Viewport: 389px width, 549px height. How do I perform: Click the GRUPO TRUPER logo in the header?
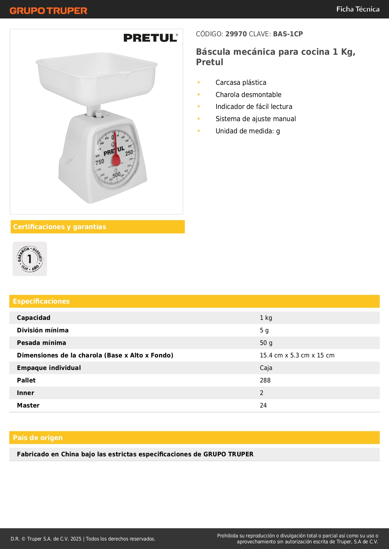pos(48,11)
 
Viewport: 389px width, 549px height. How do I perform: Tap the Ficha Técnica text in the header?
pos(358,9)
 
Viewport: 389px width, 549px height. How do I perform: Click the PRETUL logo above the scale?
pos(150,38)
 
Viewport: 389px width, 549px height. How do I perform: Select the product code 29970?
pos(236,34)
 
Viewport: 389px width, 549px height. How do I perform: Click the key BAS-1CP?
pos(288,34)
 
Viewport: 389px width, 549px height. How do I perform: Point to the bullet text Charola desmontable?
pos(248,95)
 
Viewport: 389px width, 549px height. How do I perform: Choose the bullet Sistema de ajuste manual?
pos(255,119)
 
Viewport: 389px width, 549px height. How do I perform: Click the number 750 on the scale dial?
pos(100,162)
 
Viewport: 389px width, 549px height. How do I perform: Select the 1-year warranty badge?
pos(30,259)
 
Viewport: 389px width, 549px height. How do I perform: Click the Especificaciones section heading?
pos(41,301)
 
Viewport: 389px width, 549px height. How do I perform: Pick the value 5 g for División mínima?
pos(264,330)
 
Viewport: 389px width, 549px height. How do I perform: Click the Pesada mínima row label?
pos(41,343)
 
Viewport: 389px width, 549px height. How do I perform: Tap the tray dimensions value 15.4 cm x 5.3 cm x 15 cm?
pos(297,355)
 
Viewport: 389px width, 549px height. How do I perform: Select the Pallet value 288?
pos(265,380)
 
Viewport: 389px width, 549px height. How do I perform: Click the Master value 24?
pos(263,405)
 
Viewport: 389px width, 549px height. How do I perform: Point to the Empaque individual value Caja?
pos(266,368)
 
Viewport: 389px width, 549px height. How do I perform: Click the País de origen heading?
pos(38,438)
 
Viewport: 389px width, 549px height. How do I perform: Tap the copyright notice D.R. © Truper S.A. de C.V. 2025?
pos(46,539)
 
